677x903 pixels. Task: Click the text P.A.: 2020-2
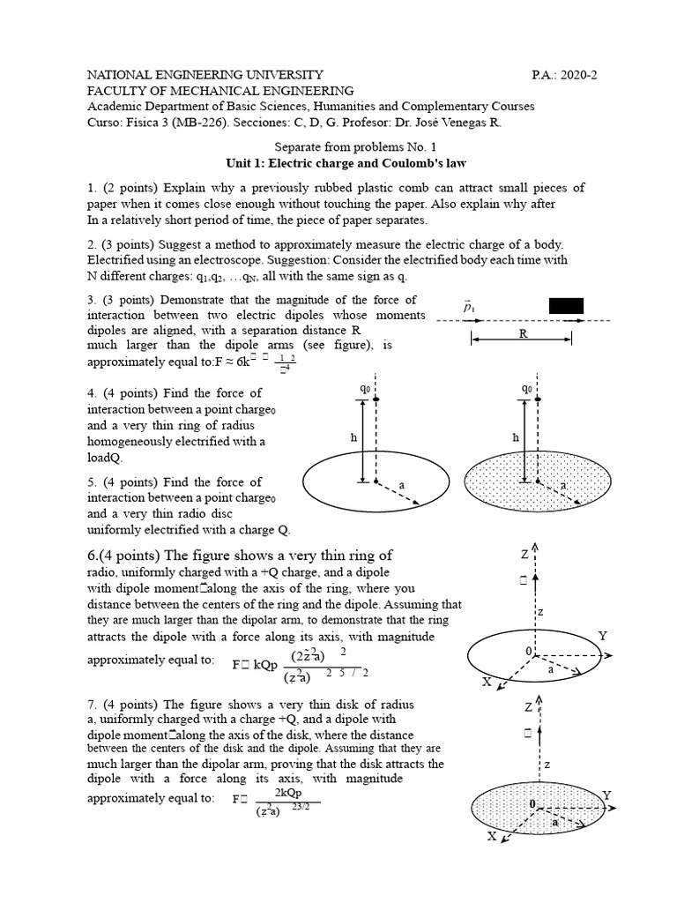point(565,75)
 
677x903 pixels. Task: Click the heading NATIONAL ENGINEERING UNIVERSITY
point(205,75)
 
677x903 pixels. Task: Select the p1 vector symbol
point(469,306)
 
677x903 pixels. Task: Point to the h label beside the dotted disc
point(515,437)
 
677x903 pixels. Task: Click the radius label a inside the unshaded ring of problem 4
point(402,485)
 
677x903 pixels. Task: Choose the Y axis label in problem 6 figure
point(603,635)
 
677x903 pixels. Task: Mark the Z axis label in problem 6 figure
point(524,554)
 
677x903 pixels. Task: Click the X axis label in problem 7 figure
point(491,837)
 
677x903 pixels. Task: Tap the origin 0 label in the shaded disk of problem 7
point(532,805)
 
